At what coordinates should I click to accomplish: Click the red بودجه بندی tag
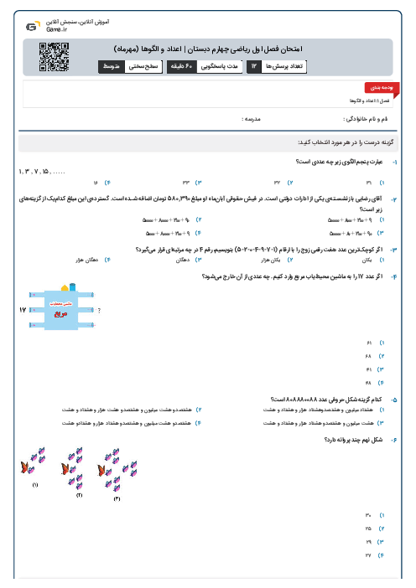(377, 87)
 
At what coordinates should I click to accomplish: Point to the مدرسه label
(251, 120)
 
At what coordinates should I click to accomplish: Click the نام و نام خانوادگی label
(367, 120)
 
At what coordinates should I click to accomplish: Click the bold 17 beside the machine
(23, 311)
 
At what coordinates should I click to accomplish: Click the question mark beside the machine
(99, 311)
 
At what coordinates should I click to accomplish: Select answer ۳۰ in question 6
(369, 514)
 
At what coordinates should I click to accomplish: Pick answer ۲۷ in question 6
(369, 554)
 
